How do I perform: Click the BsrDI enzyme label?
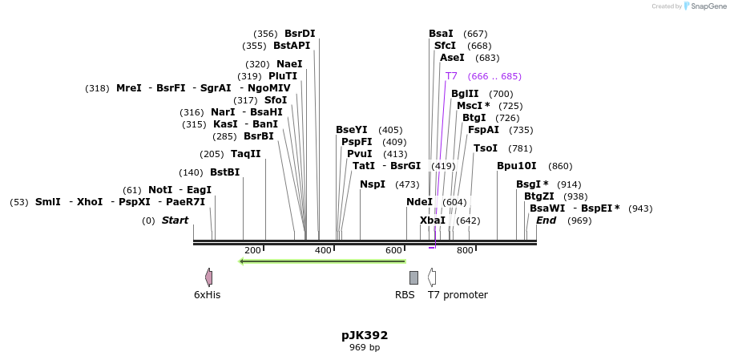click(300, 34)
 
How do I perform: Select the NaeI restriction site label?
click(289, 64)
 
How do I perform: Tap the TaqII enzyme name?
click(245, 154)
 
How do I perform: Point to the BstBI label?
click(224, 172)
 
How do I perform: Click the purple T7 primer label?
click(451, 76)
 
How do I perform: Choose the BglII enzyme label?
click(465, 94)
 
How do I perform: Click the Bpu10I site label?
click(516, 166)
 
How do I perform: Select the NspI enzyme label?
click(373, 184)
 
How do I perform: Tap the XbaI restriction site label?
click(433, 220)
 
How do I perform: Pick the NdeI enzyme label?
click(419, 202)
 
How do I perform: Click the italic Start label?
click(175, 220)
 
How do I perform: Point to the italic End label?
click(546, 220)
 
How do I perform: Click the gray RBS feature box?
click(413, 277)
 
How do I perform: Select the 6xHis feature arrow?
click(208, 277)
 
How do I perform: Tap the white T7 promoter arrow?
click(432, 277)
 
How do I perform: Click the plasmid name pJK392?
click(365, 335)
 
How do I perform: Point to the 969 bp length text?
click(365, 348)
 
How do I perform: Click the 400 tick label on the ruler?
click(323, 251)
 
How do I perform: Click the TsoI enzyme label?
click(486, 148)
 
